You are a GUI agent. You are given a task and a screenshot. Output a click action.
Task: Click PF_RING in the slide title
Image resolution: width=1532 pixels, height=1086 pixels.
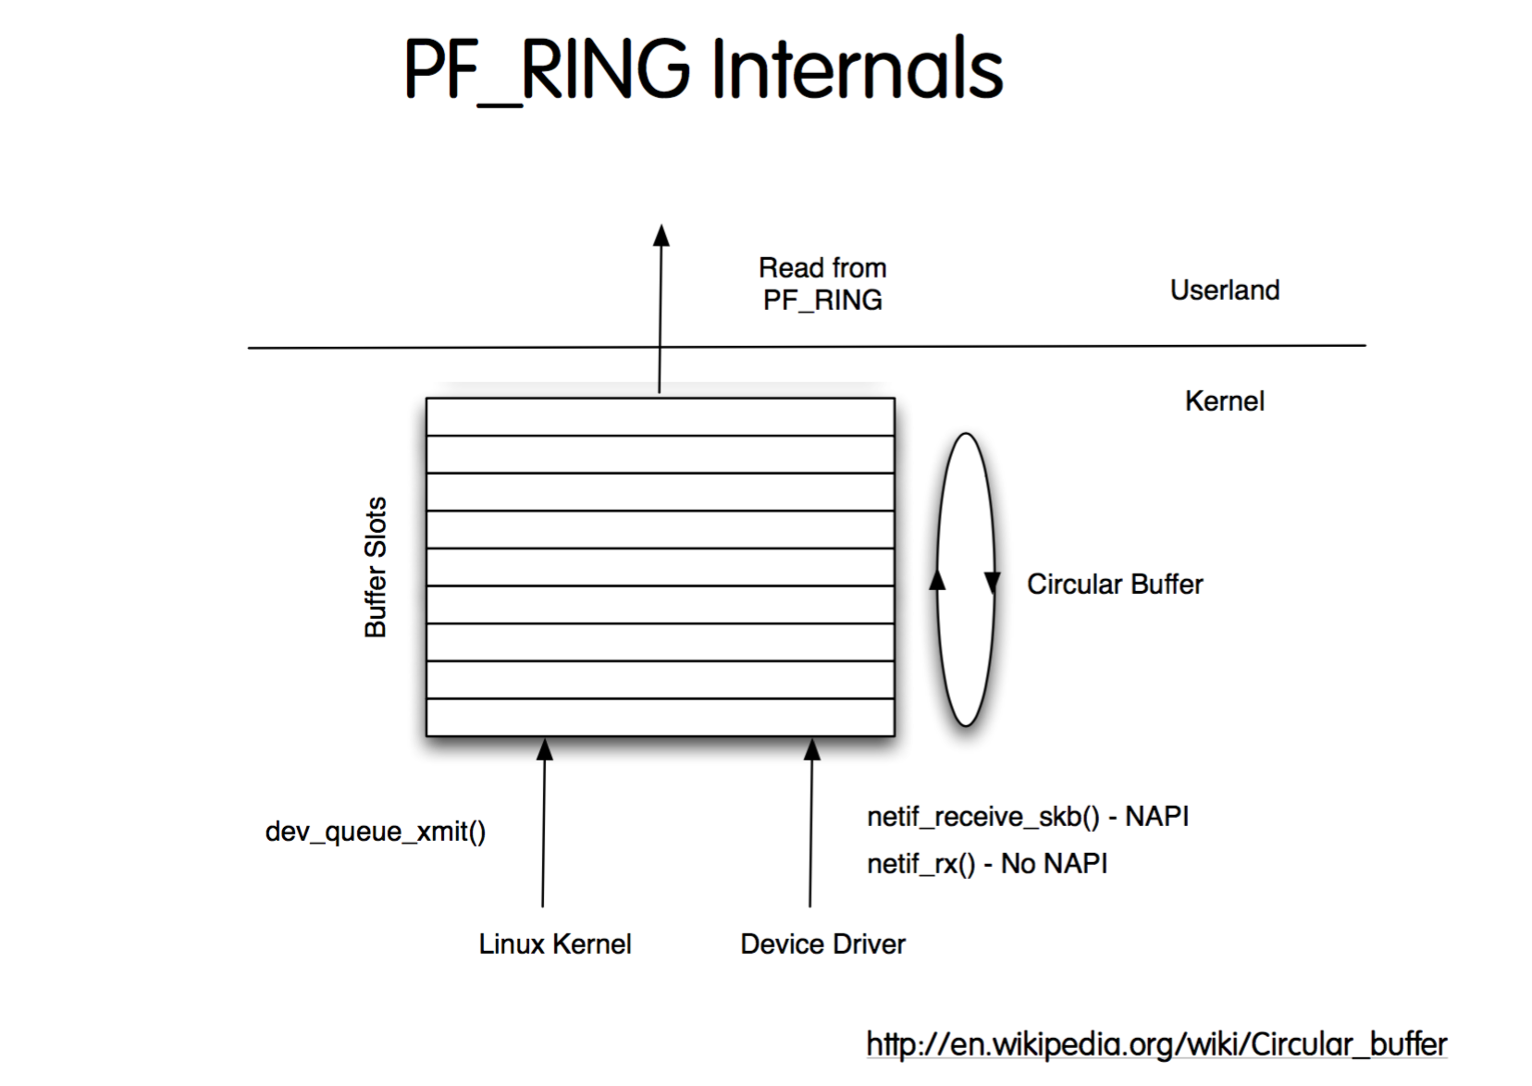pyautogui.click(x=547, y=70)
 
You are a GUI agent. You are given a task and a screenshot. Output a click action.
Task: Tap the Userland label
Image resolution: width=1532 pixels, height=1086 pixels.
pyautogui.click(x=1224, y=290)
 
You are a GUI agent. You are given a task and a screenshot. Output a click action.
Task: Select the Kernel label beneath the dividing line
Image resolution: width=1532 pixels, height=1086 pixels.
pyautogui.click(x=1224, y=401)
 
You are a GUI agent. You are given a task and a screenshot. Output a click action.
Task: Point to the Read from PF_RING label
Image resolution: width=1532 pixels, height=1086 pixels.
pyautogui.click(x=822, y=284)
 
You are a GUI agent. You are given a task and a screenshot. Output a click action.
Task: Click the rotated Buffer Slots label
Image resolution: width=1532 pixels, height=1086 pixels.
pyautogui.click(x=376, y=567)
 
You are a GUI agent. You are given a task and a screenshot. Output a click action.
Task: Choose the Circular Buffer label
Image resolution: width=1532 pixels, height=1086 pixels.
pyautogui.click(x=1114, y=585)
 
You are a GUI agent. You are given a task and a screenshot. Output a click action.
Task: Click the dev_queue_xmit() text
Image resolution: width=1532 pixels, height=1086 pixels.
pyautogui.click(x=375, y=832)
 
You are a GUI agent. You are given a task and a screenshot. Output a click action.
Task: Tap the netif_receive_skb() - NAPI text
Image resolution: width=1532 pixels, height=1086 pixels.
pyautogui.click(x=1027, y=817)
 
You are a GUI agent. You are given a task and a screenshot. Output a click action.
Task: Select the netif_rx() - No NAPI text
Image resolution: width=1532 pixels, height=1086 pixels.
pyautogui.click(x=986, y=864)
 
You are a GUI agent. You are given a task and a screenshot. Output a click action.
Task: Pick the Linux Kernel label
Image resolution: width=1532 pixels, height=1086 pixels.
pyautogui.click(x=555, y=944)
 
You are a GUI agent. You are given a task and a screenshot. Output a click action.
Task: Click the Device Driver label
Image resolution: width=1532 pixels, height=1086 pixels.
pyautogui.click(x=822, y=944)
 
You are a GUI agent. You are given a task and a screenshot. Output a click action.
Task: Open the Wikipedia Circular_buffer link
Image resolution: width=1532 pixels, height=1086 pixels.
pyautogui.click(x=1156, y=1044)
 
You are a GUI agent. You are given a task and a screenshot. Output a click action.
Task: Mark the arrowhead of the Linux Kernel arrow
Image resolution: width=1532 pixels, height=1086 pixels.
pyautogui.click(x=545, y=749)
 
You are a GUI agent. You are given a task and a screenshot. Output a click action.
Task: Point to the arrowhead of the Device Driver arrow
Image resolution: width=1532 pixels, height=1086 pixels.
pyautogui.click(x=811, y=749)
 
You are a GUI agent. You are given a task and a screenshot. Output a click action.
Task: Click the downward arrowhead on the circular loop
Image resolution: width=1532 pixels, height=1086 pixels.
pyautogui.click(x=992, y=583)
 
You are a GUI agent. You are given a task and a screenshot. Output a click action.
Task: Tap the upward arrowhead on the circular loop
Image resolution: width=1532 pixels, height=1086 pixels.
pyautogui.click(x=937, y=579)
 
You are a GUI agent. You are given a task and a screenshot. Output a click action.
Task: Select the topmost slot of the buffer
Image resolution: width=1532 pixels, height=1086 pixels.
pyautogui.click(x=660, y=417)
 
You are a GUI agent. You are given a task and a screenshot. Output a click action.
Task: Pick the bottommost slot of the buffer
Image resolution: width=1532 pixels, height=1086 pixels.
pyautogui.click(x=660, y=717)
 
